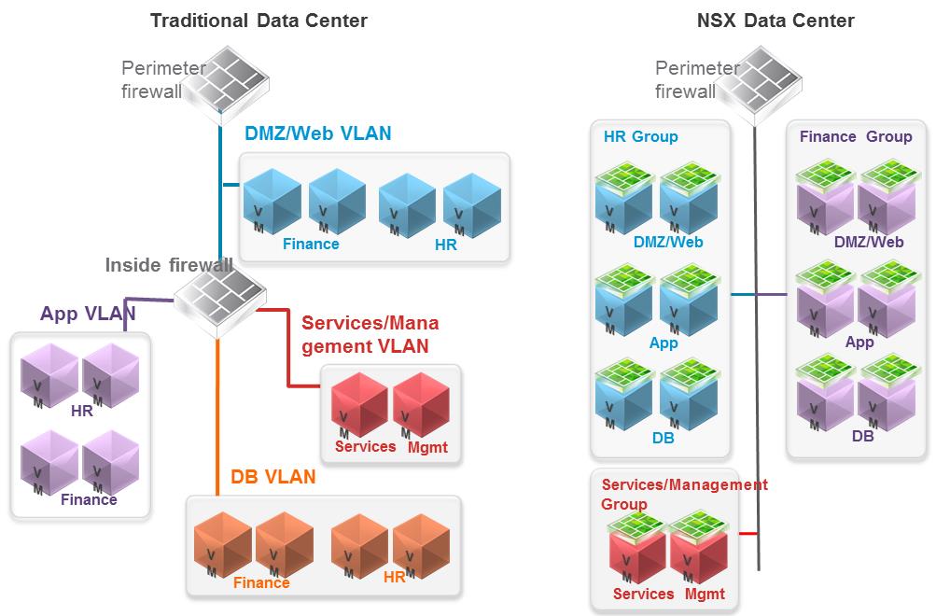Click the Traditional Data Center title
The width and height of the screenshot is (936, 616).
pos(258,20)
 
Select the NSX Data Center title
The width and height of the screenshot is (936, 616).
pos(775,20)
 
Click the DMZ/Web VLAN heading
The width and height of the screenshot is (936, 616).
pos(317,133)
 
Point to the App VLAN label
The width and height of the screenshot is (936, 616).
pos(88,314)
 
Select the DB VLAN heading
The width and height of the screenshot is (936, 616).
pos(273,477)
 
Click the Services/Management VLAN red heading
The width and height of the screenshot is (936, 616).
pos(370,334)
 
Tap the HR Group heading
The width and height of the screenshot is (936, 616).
pos(641,136)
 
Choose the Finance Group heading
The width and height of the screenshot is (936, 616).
pos(856,136)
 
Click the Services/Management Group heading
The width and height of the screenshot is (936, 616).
pos(684,494)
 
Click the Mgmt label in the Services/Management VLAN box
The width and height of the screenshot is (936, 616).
pos(427,447)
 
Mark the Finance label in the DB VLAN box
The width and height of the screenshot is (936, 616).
pos(261,583)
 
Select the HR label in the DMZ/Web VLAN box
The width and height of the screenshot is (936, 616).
pos(445,245)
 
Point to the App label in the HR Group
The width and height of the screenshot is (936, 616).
pos(664,343)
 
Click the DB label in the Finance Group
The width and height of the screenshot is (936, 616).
pos(862,434)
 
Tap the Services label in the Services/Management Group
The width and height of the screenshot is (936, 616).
pos(643,594)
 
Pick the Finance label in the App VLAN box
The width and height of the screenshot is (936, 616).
pos(89,499)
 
